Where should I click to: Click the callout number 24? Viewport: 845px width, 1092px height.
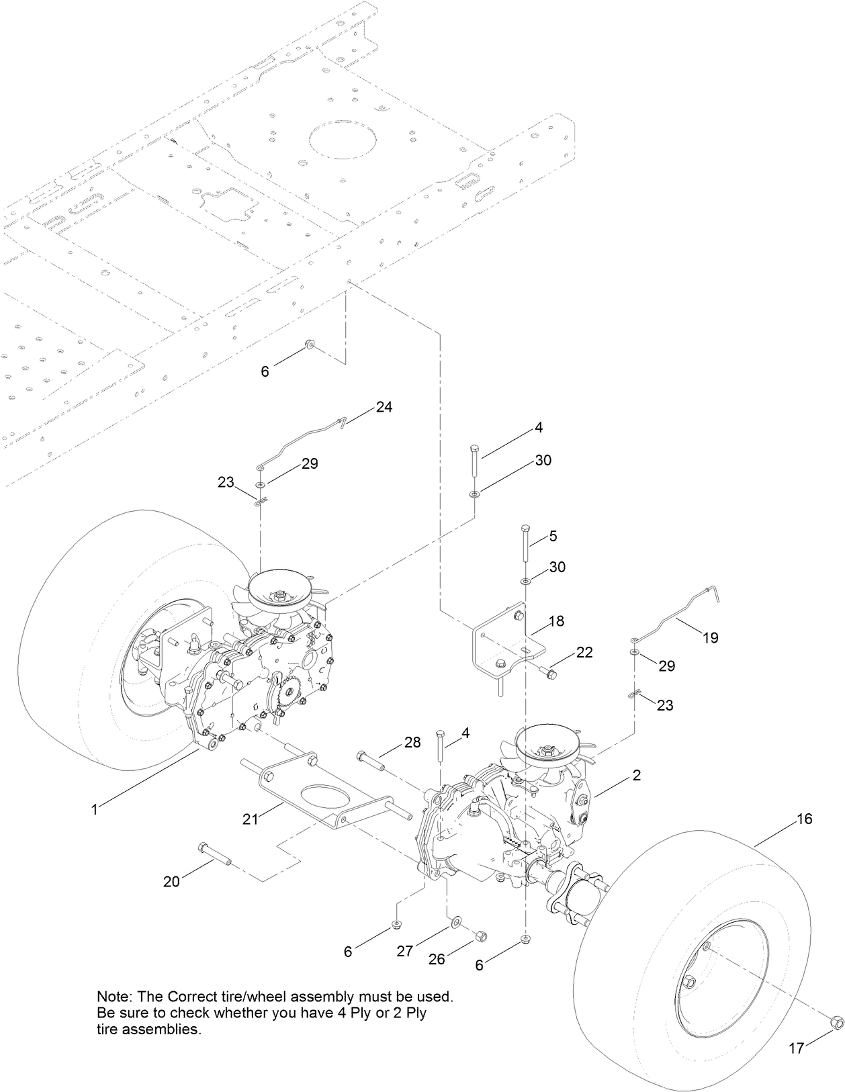(x=384, y=407)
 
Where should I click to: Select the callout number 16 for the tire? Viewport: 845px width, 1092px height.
(x=805, y=819)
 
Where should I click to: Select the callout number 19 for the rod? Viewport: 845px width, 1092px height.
(x=711, y=637)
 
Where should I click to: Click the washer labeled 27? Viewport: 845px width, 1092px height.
(x=456, y=919)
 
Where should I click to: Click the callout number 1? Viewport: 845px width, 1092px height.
(x=95, y=811)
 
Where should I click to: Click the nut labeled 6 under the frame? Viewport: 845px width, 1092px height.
(x=309, y=345)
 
